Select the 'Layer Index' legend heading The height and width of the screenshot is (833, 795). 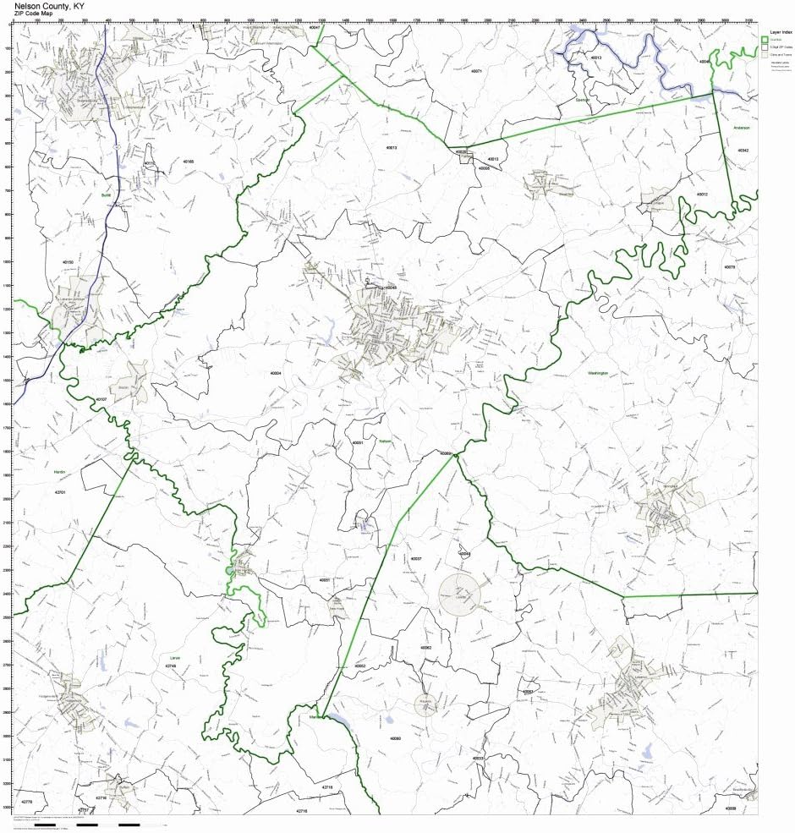point(780,32)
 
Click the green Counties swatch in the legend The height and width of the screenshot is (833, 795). point(765,40)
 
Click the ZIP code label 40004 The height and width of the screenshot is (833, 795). point(275,372)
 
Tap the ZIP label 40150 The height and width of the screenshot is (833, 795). point(69,263)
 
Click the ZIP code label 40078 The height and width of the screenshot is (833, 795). point(729,266)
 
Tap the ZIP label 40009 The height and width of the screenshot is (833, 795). point(729,808)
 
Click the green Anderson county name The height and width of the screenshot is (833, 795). point(741,128)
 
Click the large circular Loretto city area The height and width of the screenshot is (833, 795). point(460,592)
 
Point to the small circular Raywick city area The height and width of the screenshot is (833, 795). point(426,704)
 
